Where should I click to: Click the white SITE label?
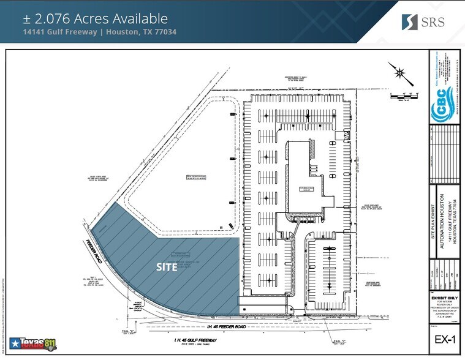(x=167, y=267)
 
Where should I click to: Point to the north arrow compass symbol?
(x=399, y=73)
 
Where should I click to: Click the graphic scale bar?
(x=403, y=96)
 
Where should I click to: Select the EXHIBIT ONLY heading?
(x=443, y=298)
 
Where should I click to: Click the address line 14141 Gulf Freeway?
(x=100, y=32)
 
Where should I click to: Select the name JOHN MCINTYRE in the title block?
(x=443, y=315)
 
